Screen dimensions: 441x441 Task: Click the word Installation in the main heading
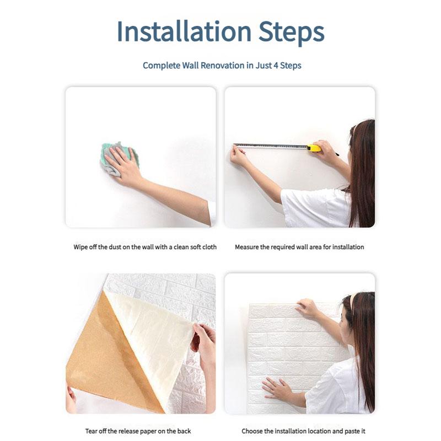[x=184, y=31]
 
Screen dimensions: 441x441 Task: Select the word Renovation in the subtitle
[x=222, y=66]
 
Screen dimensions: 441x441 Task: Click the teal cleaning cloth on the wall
[x=119, y=158]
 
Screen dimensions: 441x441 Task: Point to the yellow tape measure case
[x=314, y=148]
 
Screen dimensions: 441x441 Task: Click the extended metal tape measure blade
[x=271, y=146]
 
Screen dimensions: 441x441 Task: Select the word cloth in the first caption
[x=209, y=247]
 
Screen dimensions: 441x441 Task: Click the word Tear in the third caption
[x=91, y=431]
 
